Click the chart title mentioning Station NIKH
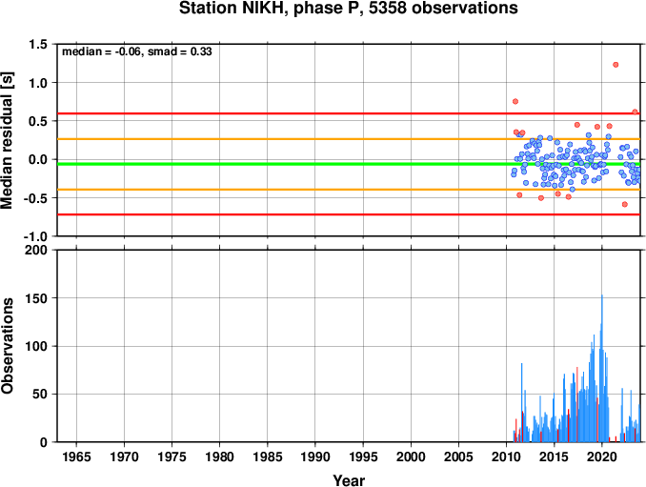point(348,9)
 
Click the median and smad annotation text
point(137,51)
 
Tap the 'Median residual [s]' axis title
point(8,140)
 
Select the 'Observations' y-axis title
point(8,346)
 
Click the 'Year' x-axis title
point(349,480)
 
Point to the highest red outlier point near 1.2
point(616,65)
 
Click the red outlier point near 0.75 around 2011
point(515,101)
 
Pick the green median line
point(349,164)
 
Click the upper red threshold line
point(349,113)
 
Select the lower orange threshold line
point(349,190)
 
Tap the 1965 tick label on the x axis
point(76,457)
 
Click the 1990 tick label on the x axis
point(315,457)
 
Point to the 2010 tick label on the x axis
point(506,457)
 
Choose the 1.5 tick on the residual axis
point(38,45)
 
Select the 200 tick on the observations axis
point(36,250)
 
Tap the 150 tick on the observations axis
point(36,298)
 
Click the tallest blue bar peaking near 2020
point(602,368)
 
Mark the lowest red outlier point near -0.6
point(625,204)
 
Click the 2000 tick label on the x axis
point(411,457)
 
